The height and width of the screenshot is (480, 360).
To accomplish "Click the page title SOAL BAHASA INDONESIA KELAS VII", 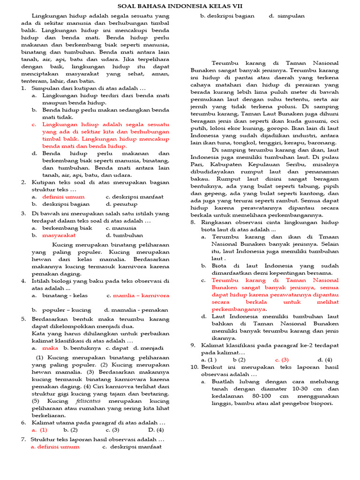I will [x=180, y=6].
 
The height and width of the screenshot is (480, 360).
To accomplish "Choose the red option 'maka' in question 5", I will [x=50, y=348].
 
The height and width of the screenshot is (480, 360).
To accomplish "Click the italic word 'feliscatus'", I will [x=89, y=401].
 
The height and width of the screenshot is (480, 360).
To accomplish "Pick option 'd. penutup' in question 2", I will [x=121, y=204].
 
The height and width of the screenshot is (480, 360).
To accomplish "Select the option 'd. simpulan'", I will [x=286, y=16].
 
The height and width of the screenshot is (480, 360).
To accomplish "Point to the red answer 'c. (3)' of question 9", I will [x=281, y=360].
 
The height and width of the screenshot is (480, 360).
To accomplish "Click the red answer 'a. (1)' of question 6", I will [x=39, y=429].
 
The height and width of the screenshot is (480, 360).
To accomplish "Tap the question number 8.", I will [x=193, y=222].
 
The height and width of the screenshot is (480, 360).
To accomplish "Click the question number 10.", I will [x=195, y=367].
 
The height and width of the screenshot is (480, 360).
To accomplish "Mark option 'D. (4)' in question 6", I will [x=156, y=429].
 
